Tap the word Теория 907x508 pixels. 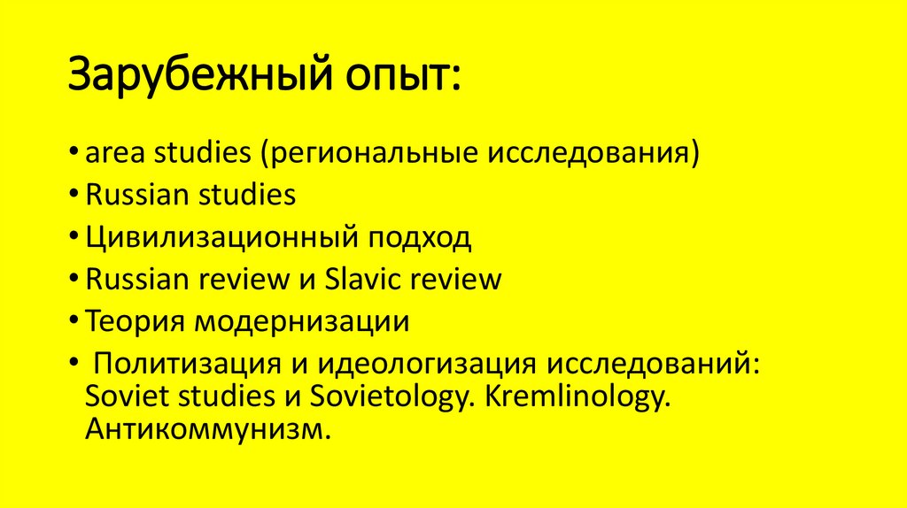[x=136, y=320]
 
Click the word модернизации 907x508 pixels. [x=302, y=320]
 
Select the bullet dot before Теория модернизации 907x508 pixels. [x=76, y=321]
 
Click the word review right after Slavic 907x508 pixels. [x=458, y=279]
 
